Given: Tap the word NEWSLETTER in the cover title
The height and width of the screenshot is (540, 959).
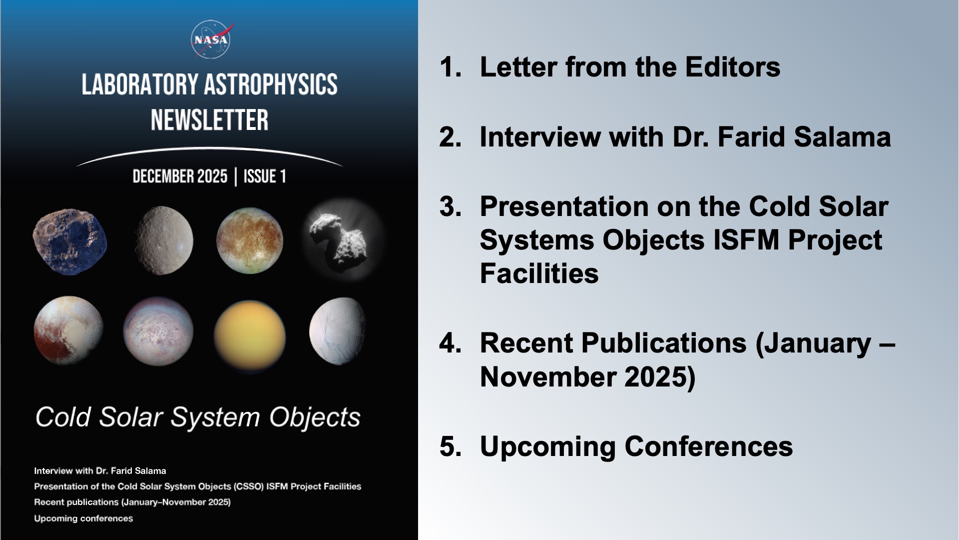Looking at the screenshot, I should (210, 120).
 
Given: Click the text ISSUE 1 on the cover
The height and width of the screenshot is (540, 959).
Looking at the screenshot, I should (265, 176).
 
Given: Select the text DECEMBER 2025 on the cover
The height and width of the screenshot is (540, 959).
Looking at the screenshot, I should (180, 176).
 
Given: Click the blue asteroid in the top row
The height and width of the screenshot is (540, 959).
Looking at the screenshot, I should (69, 241).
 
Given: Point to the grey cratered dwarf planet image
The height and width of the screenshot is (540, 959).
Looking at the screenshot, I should (163, 240).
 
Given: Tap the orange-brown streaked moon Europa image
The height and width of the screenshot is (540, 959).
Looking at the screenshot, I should (249, 240).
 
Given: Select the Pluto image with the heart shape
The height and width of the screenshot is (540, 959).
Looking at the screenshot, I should (68, 330).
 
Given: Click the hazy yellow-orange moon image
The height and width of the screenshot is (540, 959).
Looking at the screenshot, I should (249, 336).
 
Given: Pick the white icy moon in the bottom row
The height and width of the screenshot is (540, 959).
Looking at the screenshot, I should (338, 330).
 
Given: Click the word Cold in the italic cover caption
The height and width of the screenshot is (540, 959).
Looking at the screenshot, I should (63, 417).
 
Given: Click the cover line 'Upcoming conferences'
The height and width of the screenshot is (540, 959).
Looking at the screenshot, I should (83, 518).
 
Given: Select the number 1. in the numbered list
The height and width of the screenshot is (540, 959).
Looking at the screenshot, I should (450, 67).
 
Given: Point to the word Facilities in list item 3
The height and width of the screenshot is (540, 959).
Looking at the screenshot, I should (539, 273).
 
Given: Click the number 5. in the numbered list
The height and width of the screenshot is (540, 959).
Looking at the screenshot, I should (450, 446).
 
